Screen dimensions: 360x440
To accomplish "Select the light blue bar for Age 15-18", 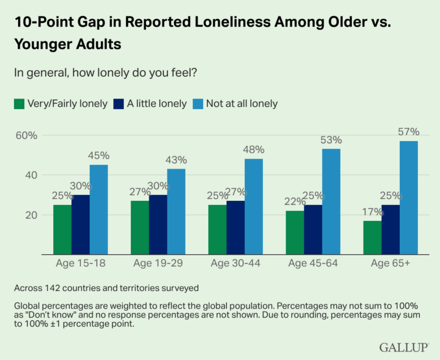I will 98,209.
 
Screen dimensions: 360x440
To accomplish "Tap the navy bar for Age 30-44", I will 235,228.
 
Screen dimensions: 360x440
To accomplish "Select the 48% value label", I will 253,150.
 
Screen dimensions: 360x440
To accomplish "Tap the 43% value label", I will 176,160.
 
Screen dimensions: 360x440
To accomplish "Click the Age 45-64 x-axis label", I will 313,263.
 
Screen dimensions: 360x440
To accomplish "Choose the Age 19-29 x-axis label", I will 158,263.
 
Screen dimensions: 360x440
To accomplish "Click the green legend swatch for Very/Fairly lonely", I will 19,104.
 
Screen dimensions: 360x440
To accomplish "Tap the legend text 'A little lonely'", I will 157,104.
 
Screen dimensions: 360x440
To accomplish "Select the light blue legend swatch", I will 197,104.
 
